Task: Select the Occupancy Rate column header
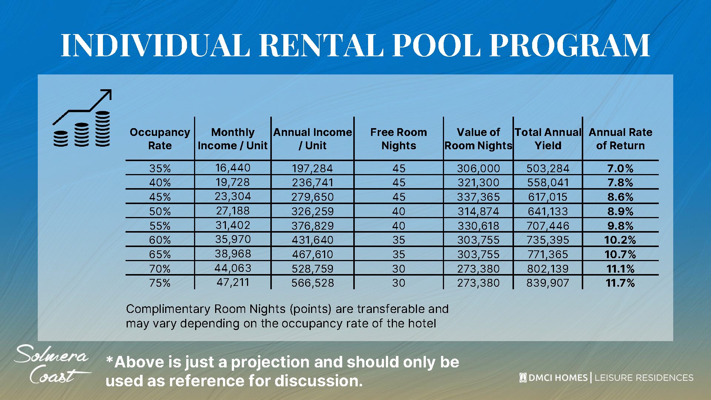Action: click(x=160, y=139)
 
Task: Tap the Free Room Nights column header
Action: click(x=398, y=139)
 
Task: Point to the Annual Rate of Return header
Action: click(x=620, y=139)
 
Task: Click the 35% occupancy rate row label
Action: click(x=160, y=169)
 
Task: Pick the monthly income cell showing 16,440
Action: click(x=233, y=168)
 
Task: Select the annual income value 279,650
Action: click(x=312, y=197)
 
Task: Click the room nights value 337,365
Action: click(x=478, y=197)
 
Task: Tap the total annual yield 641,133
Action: click(x=548, y=211)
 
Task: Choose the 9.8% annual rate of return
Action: click(x=620, y=226)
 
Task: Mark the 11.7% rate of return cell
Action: click(x=620, y=283)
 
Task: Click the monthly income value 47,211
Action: click(x=233, y=282)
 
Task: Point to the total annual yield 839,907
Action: click(x=548, y=283)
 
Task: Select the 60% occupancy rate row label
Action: click(x=160, y=240)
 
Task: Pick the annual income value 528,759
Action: click(x=312, y=269)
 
